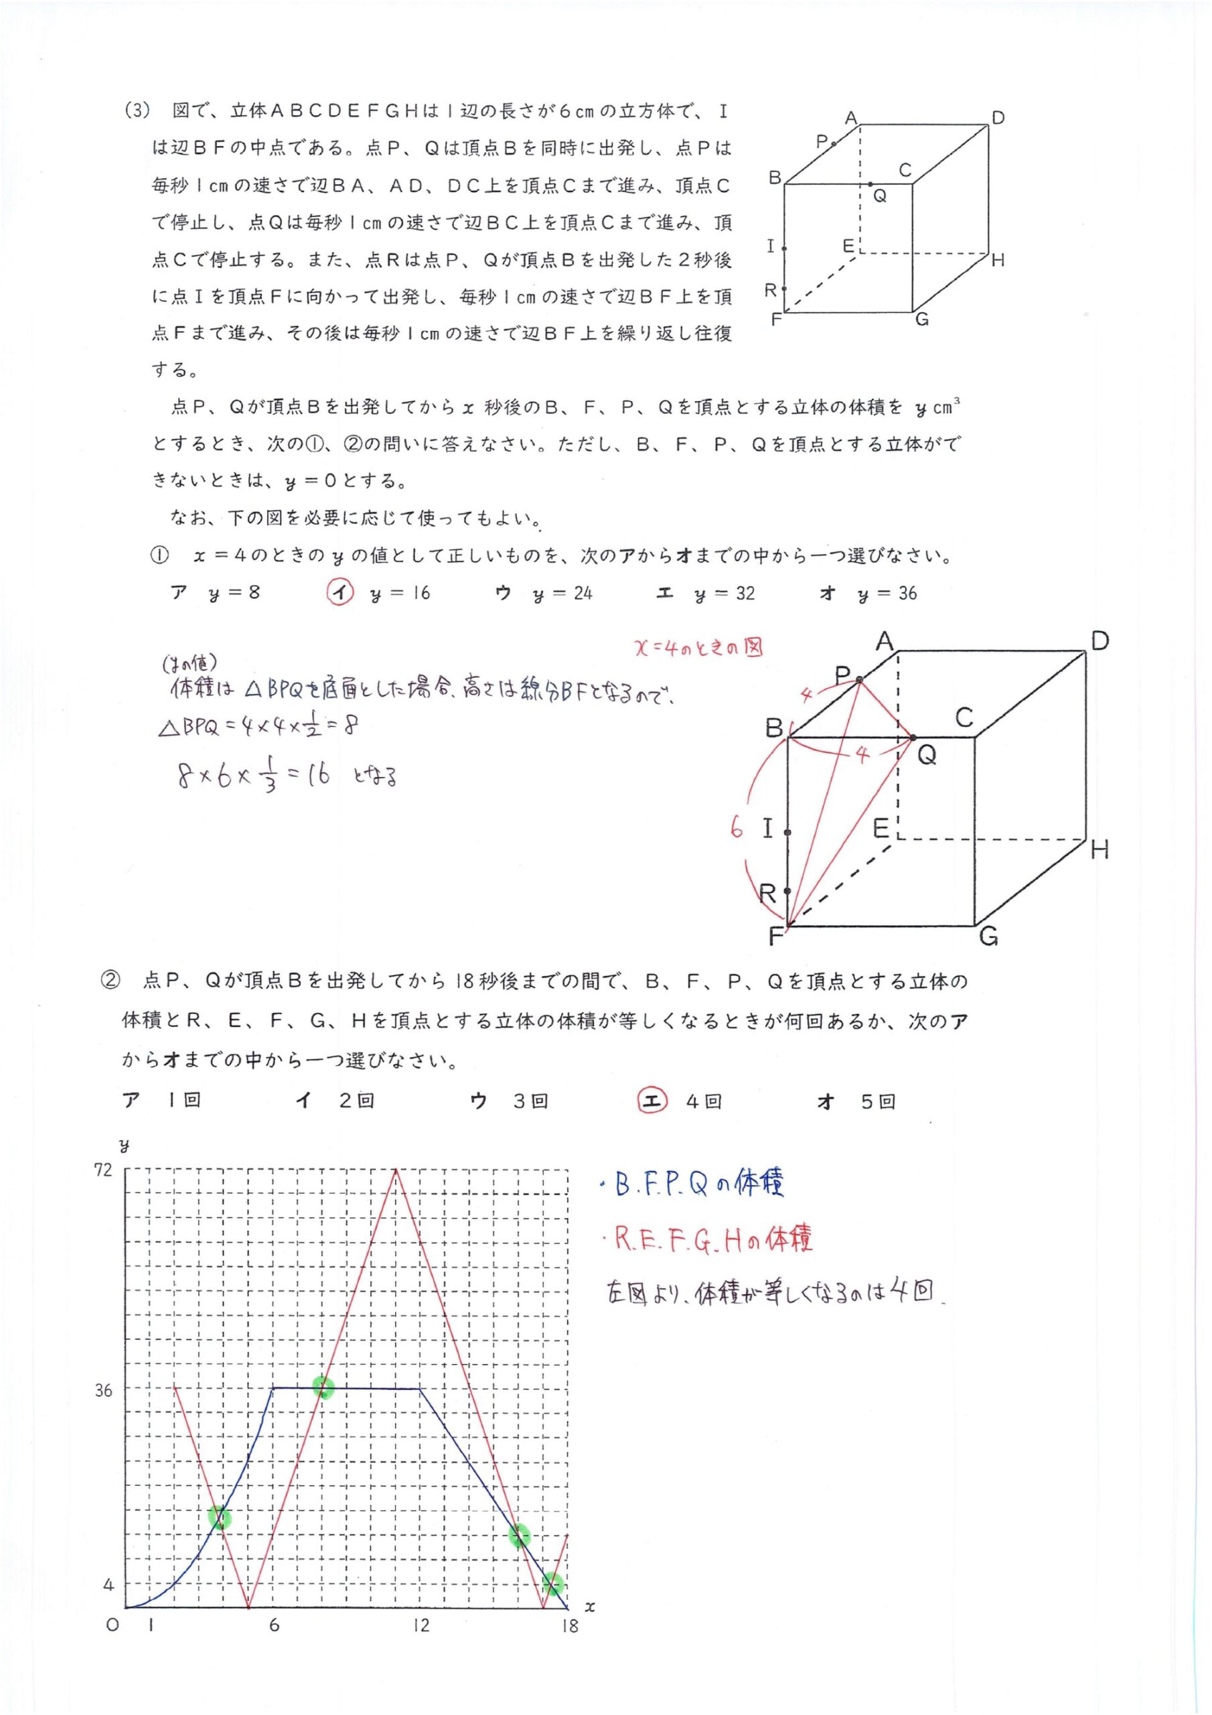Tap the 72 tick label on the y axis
coord(103,1170)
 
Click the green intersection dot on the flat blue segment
coord(323,1388)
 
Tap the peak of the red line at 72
coord(396,1170)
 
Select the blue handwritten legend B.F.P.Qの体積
coord(698,1185)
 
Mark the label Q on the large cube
coord(926,755)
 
